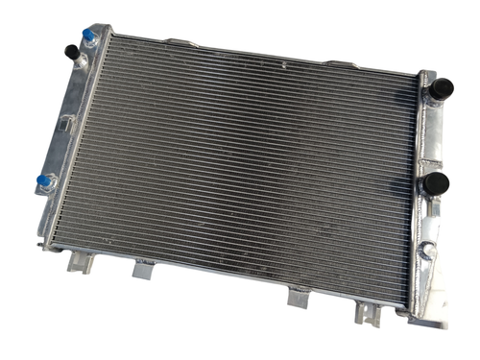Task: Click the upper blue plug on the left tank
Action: [x=89, y=36]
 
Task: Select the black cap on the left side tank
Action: [x=70, y=51]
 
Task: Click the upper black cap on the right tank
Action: [x=442, y=88]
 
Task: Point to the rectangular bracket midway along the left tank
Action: [x=64, y=123]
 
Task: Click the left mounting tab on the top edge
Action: [x=178, y=43]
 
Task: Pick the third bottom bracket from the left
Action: [x=298, y=299]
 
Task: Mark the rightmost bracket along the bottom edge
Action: [x=368, y=313]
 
